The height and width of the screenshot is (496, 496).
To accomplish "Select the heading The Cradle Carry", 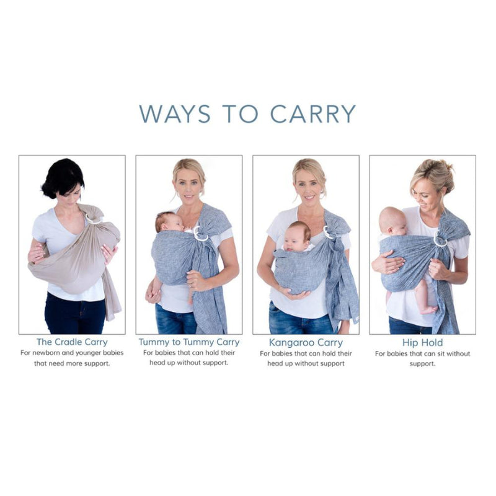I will (72, 342).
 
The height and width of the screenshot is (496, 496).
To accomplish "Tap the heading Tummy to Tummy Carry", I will (188, 342).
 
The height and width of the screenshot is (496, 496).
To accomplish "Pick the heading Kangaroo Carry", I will (306, 342).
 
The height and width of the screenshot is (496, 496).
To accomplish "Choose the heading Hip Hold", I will (422, 342).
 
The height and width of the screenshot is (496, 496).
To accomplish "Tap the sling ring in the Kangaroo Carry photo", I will (328, 232).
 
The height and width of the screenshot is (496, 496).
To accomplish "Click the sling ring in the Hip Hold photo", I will (440, 240).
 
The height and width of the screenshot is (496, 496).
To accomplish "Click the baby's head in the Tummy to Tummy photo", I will (167, 221).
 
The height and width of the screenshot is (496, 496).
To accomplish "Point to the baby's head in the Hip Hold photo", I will (392, 221).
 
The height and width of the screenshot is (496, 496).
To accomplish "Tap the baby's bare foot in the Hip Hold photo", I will (428, 309).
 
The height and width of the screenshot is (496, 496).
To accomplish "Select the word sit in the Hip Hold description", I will (441, 353).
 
